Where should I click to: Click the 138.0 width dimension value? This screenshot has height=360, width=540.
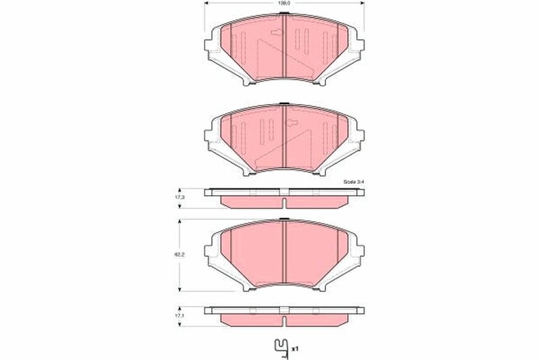coord(285,4)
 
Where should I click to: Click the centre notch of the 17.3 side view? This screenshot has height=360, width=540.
coord(285,203)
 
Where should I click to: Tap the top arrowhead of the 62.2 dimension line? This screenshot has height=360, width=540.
coord(180,220)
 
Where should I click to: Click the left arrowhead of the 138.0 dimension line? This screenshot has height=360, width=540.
coord(205,3)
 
